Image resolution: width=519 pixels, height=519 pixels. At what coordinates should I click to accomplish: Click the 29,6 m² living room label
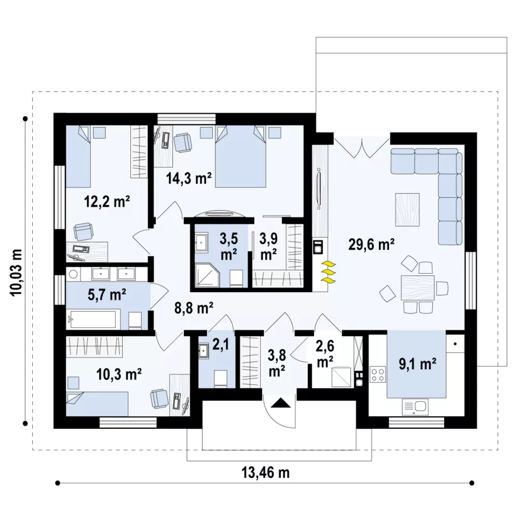(372, 245)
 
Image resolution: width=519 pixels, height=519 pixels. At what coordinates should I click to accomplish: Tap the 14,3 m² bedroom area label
(189, 179)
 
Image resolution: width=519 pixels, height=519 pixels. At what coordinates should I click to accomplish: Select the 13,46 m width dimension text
(265, 473)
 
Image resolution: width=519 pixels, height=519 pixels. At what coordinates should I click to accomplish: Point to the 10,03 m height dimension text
(17, 272)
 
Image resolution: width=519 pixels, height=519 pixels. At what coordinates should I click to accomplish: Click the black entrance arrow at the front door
(281, 403)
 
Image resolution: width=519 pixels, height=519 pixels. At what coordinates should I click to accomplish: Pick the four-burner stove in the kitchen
(378, 374)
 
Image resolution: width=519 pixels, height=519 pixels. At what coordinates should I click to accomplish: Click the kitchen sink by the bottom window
(415, 407)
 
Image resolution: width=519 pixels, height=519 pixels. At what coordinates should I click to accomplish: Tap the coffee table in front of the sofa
(407, 210)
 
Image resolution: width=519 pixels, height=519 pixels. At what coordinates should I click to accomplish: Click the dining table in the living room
(418, 288)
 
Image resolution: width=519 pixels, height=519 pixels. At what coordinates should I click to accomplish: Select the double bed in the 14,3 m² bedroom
(240, 156)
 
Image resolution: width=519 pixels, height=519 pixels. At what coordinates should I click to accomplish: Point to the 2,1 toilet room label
(221, 345)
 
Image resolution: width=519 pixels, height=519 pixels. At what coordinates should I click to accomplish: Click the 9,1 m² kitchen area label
(417, 364)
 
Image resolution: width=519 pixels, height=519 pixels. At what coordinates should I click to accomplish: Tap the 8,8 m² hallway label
(194, 308)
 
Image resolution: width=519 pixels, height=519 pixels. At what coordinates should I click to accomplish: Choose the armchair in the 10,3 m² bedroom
(159, 398)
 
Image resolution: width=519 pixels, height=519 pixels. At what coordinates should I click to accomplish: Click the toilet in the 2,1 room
(221, 379)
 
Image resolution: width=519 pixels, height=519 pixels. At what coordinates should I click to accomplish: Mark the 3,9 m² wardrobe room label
(268, 247)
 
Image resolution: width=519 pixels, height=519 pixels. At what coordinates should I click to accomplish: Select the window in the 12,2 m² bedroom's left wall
(60, 197)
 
